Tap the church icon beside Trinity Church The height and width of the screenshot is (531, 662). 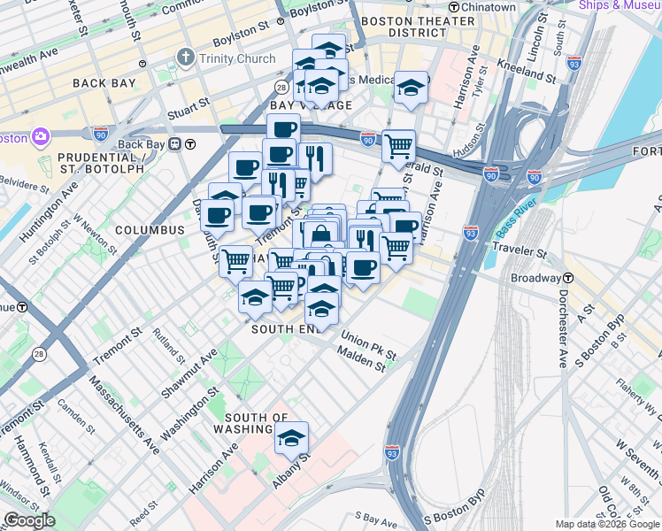[x=185, y=58]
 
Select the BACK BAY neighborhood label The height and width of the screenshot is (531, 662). [x=104, y=83]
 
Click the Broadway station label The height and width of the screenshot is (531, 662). [x=535, y=277]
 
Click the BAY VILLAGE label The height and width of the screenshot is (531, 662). [x=311, y=105]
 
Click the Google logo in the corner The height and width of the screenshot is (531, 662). [x=29, y=520]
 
